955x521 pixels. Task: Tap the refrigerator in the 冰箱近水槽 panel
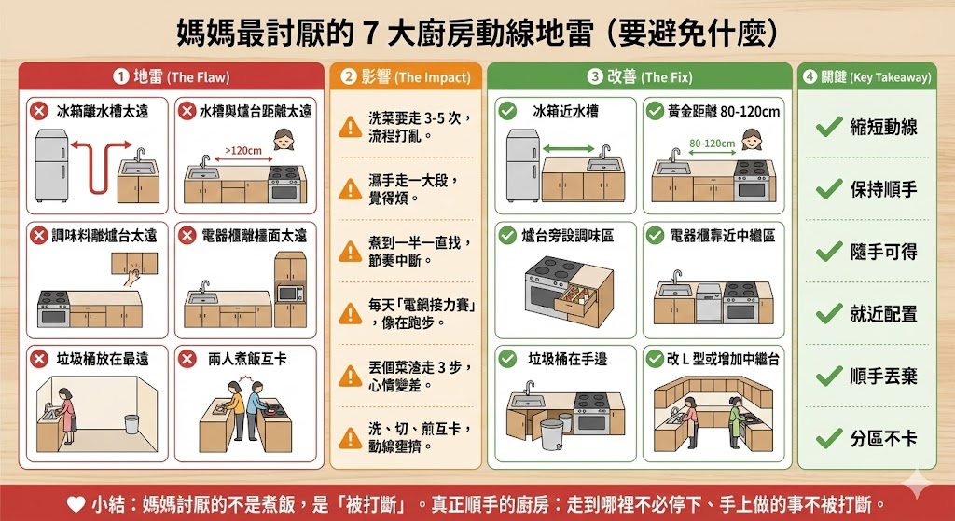521,164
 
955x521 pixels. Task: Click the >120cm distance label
242,148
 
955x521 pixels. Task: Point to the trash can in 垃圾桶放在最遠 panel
131,425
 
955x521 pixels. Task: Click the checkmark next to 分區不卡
828,437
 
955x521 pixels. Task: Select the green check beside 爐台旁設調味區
507,236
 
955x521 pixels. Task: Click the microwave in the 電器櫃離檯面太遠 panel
290,294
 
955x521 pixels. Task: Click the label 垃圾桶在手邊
568,358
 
